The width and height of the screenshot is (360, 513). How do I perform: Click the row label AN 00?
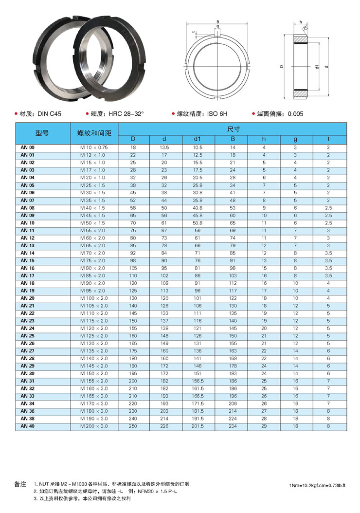[x=28, y=147]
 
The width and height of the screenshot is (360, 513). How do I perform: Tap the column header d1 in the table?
[x=198, y=139]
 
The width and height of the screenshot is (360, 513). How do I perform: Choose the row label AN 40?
[x=28, y=426]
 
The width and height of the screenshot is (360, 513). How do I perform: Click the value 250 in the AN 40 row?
[x=133, y=426]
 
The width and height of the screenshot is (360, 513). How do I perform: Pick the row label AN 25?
[x=28, y=336]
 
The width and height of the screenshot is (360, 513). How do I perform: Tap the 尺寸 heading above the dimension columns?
[x=233, y=129]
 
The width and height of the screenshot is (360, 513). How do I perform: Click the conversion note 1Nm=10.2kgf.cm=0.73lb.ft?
[x=317, y=485]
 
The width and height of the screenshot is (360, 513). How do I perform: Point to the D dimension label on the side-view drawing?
[x=281, y=67]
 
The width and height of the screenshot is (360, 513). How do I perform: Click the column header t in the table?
[x=328, y=139]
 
